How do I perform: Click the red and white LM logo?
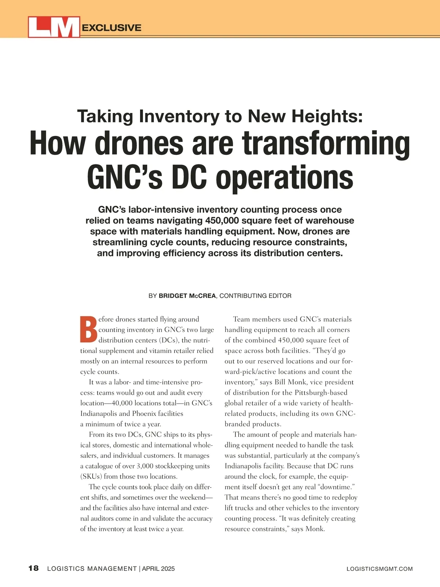click(54, 27)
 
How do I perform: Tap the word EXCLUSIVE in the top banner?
click(112, 28)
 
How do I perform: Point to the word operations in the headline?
click(284, 178)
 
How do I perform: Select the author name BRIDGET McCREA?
click(187, 296)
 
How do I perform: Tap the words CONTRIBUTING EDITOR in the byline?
click(255, 296)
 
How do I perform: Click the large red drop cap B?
click(88, 329)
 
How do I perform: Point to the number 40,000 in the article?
click(117, 403)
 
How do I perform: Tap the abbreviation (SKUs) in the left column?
click(91, 477)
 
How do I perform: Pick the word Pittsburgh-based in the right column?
click(321, 393)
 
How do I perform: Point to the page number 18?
click(33, 569)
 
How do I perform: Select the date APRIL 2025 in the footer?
click(158, 569)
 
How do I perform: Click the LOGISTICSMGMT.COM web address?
click(379, 569)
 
